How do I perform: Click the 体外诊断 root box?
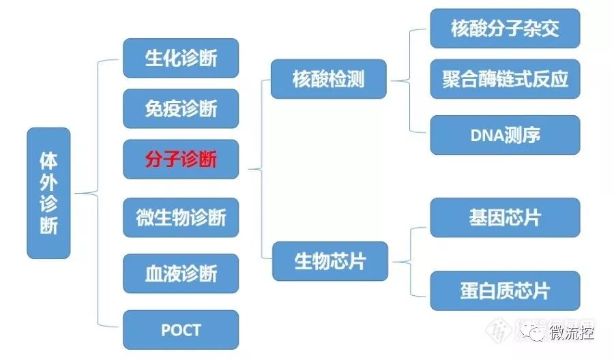coord(48,193)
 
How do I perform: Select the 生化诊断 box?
coord(181,58)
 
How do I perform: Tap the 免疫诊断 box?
coord(181,108)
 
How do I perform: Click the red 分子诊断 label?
coord(181,160)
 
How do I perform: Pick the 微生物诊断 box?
coord(181,218)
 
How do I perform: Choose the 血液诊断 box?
coord(181,273)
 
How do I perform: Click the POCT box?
coord(181,330)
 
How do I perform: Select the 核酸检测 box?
coord(329,79)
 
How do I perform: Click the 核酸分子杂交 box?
coord(505,29)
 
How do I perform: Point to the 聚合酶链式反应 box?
coord(505,79)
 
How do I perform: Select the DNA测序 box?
coord(505,135)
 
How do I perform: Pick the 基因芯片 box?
coord(505,217)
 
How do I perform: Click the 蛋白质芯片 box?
coord(505,290)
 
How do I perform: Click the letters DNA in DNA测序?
coord(486,135)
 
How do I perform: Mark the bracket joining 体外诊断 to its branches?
coord(98,193)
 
